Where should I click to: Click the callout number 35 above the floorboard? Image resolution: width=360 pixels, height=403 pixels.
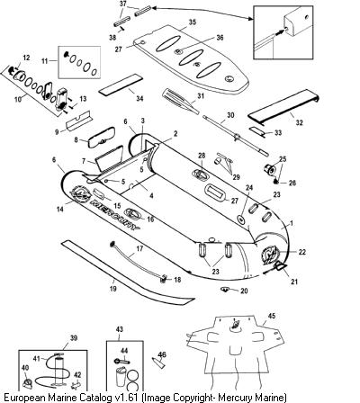[x=193, y=22]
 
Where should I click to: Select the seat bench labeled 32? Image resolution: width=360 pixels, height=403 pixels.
[x=283, y=106]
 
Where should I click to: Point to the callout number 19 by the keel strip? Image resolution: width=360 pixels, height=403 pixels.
[x=113, y=289]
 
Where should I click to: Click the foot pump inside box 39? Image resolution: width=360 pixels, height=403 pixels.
[x=58, y=370]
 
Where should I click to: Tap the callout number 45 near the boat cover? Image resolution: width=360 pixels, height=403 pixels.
[x=272, y=316]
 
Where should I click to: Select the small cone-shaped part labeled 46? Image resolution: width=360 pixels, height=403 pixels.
[x=158, y=363]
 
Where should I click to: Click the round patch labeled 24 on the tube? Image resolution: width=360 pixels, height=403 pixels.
[x=241, y=219]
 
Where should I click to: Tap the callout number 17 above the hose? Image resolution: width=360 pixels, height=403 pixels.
[x=139, y=248]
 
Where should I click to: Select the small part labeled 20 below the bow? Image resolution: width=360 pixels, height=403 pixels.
[x=224, y=289]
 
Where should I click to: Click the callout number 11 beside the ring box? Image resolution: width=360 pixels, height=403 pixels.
[x=45, y=61]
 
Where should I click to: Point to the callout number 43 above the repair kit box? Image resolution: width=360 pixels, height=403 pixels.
[x=119, y=329]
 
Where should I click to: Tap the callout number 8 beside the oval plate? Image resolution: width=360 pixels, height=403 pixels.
[x=76, y=139]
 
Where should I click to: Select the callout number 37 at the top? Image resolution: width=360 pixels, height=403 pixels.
[x=123, y=4]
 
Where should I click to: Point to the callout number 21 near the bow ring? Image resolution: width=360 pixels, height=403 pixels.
[x=294, y=282]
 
